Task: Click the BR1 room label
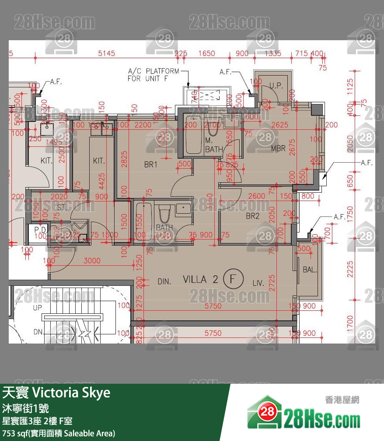150,165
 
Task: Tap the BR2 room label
252,216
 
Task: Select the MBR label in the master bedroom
278,149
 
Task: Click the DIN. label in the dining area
164,282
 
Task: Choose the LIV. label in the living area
258,283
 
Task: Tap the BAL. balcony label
310,270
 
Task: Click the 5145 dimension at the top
106,53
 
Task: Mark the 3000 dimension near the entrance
92,261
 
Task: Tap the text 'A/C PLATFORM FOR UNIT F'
153,75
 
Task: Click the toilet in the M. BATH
214,127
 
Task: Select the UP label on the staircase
38,308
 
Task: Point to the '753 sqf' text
14,433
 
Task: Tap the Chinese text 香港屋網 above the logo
342,399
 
